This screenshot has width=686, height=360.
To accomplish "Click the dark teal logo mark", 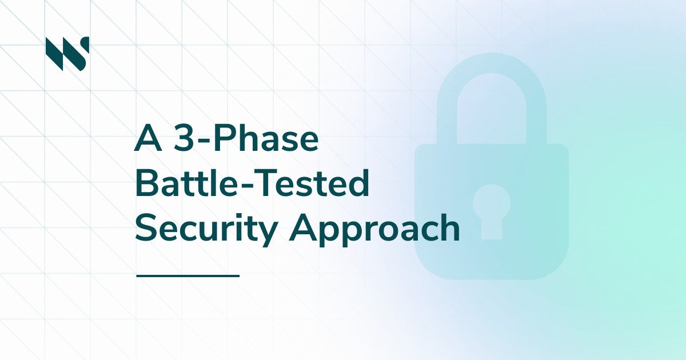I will [x=67, y=53].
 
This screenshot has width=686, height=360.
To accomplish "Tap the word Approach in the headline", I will [x=374, y=228].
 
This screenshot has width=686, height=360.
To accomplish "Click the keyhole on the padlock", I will [x=491, y=211].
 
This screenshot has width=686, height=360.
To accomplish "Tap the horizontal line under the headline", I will [x=188, y=275].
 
